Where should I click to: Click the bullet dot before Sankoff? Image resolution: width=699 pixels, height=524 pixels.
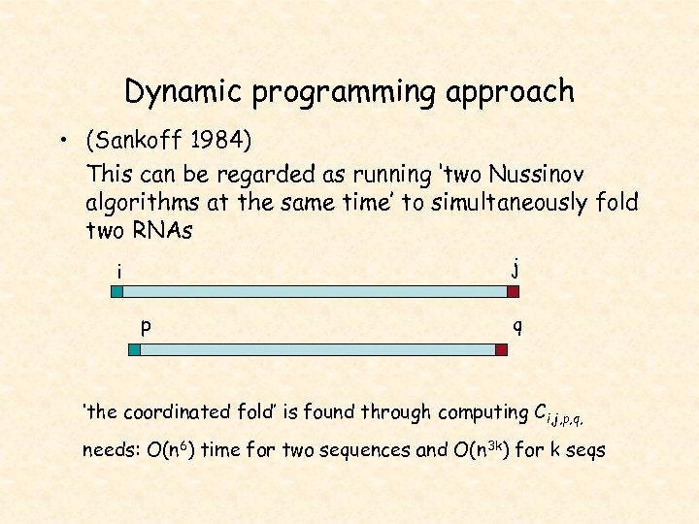61,144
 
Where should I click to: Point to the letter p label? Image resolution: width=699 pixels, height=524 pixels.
145,327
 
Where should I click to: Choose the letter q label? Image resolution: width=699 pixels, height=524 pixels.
517,328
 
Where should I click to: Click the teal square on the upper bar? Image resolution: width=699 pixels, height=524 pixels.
116,290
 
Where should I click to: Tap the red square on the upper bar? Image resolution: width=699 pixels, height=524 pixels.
513,290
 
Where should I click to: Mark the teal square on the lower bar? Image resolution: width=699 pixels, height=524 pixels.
135,349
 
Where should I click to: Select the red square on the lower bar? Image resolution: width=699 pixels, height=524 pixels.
501,349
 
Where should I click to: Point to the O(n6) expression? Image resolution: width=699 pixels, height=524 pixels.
167,450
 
